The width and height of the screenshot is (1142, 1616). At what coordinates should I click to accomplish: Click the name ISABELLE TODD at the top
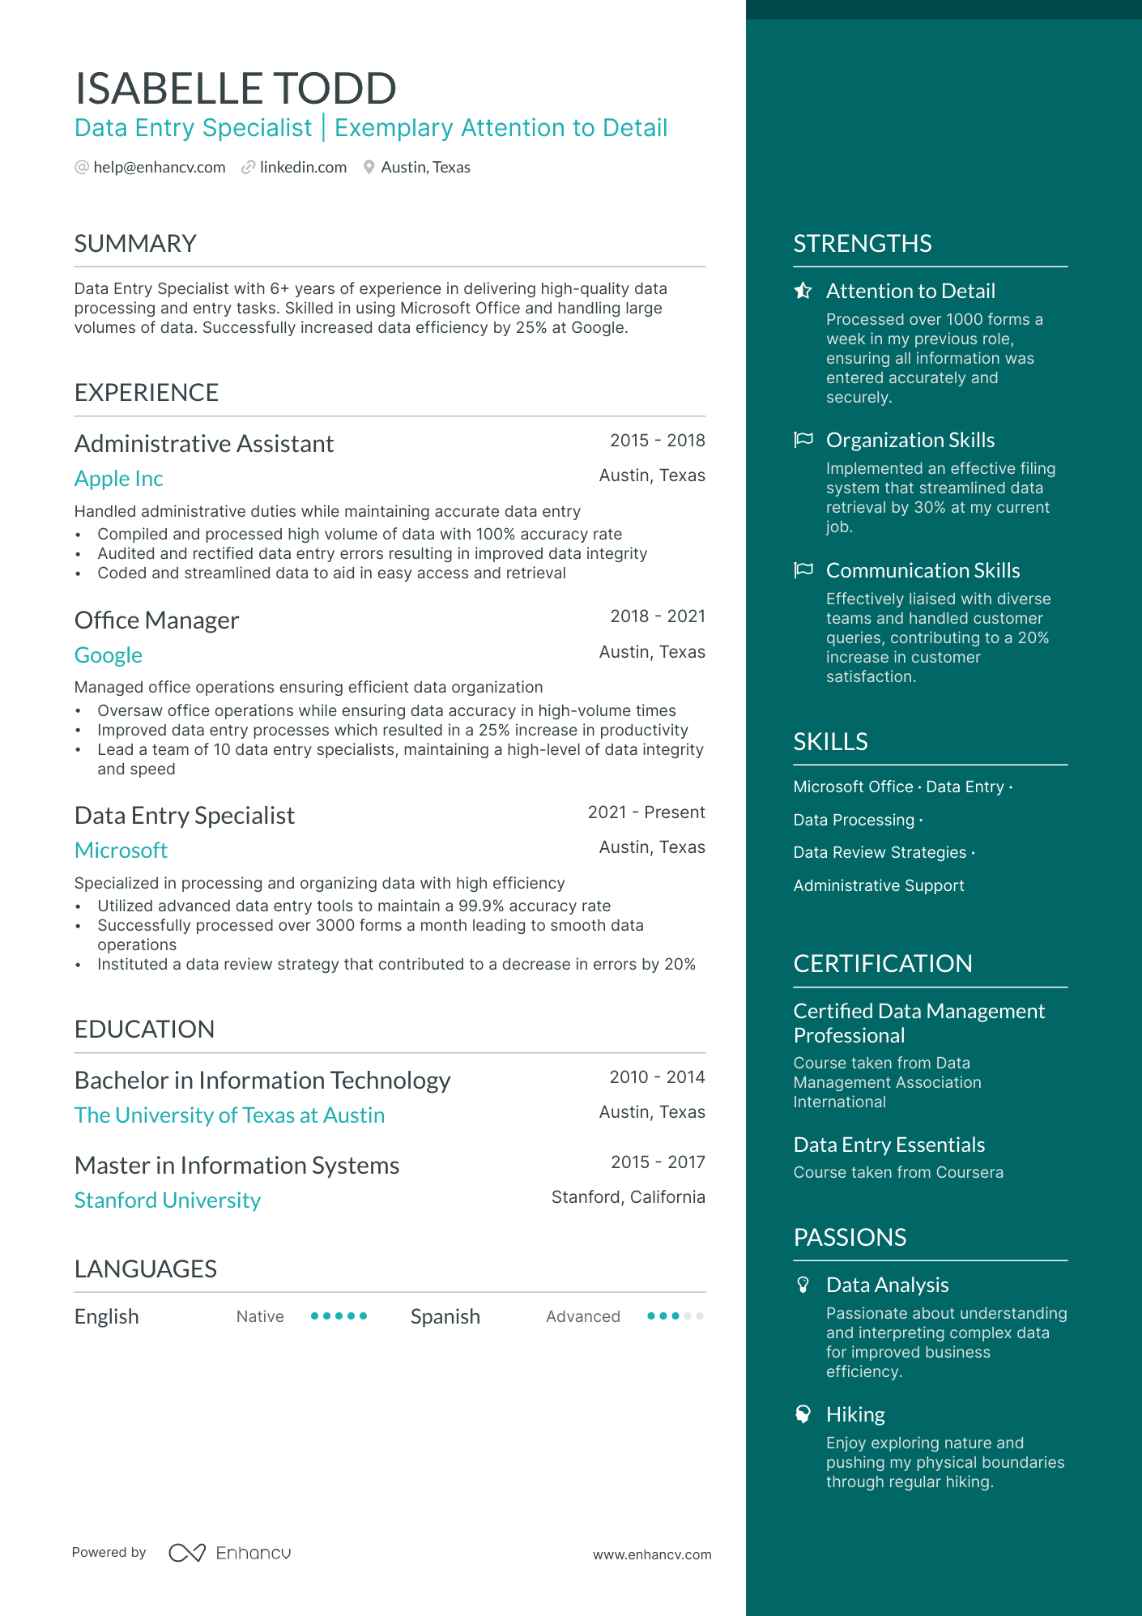235,88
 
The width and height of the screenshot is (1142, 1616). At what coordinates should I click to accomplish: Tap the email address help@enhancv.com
159,168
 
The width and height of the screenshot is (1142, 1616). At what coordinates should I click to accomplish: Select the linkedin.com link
303,168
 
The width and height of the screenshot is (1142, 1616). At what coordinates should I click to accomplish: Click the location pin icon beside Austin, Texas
369,168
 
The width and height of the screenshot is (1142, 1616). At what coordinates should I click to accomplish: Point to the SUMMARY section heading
135,244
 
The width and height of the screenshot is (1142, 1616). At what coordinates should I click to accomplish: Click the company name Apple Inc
119,479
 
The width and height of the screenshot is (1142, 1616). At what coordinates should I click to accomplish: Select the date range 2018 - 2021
658,616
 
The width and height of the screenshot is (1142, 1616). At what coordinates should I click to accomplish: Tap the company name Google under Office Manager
109,655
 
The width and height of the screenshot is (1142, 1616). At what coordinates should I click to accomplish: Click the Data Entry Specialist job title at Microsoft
185,816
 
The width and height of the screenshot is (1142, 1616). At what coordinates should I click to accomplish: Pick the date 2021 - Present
646,812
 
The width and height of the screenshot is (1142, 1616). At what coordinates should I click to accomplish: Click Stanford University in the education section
168,1200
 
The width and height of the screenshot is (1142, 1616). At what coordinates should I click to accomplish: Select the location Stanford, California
628,1197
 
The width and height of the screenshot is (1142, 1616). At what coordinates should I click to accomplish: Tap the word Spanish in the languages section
445,1317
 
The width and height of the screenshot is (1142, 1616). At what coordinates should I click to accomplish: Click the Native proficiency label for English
260,1317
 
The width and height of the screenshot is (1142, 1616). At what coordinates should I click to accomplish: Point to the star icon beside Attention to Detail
803,291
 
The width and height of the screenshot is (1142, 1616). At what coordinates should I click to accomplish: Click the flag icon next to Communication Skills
803,570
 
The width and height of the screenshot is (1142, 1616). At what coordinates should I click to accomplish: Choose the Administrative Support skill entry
879,886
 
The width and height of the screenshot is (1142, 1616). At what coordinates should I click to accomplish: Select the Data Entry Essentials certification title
889,1145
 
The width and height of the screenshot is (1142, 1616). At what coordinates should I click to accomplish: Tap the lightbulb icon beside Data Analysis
803,1285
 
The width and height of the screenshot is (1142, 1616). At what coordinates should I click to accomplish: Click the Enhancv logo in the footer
230,1553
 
